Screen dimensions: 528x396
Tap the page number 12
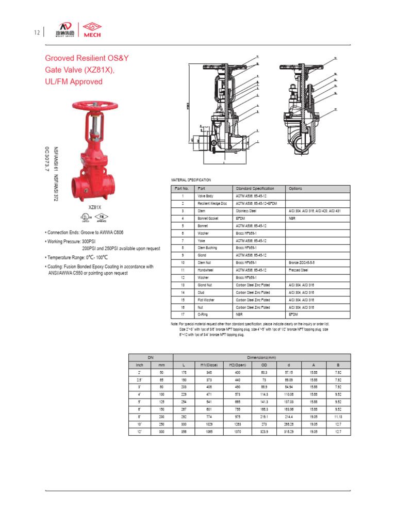click(37, 33)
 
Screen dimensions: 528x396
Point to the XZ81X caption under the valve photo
click(94, 207)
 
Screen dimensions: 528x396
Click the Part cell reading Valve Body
click(206, 196)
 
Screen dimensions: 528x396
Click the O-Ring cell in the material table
click(203, 315)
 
